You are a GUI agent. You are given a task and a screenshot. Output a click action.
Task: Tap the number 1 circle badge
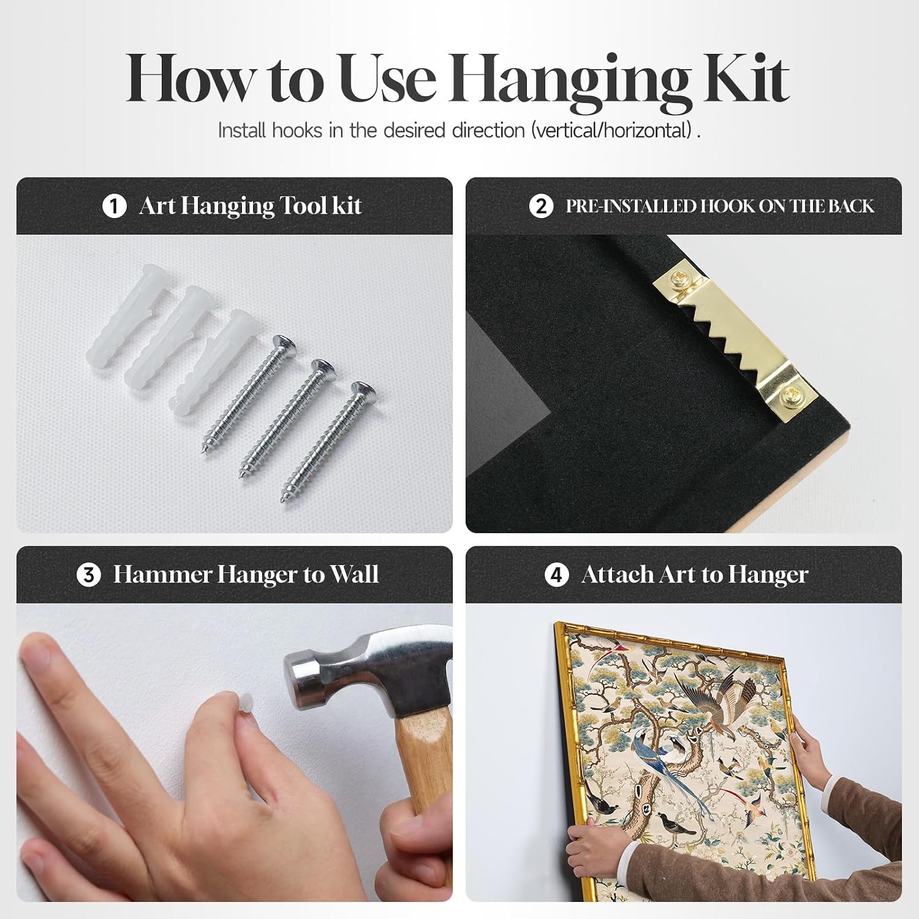tap(114, 206)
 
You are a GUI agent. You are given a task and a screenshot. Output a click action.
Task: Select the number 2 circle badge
tap(541, 206)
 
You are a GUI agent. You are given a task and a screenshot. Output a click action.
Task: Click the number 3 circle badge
tap(89, 575)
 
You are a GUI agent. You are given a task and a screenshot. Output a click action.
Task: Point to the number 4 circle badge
tap(556, 575)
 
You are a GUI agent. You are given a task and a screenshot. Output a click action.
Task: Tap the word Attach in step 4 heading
tap(618, 575)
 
